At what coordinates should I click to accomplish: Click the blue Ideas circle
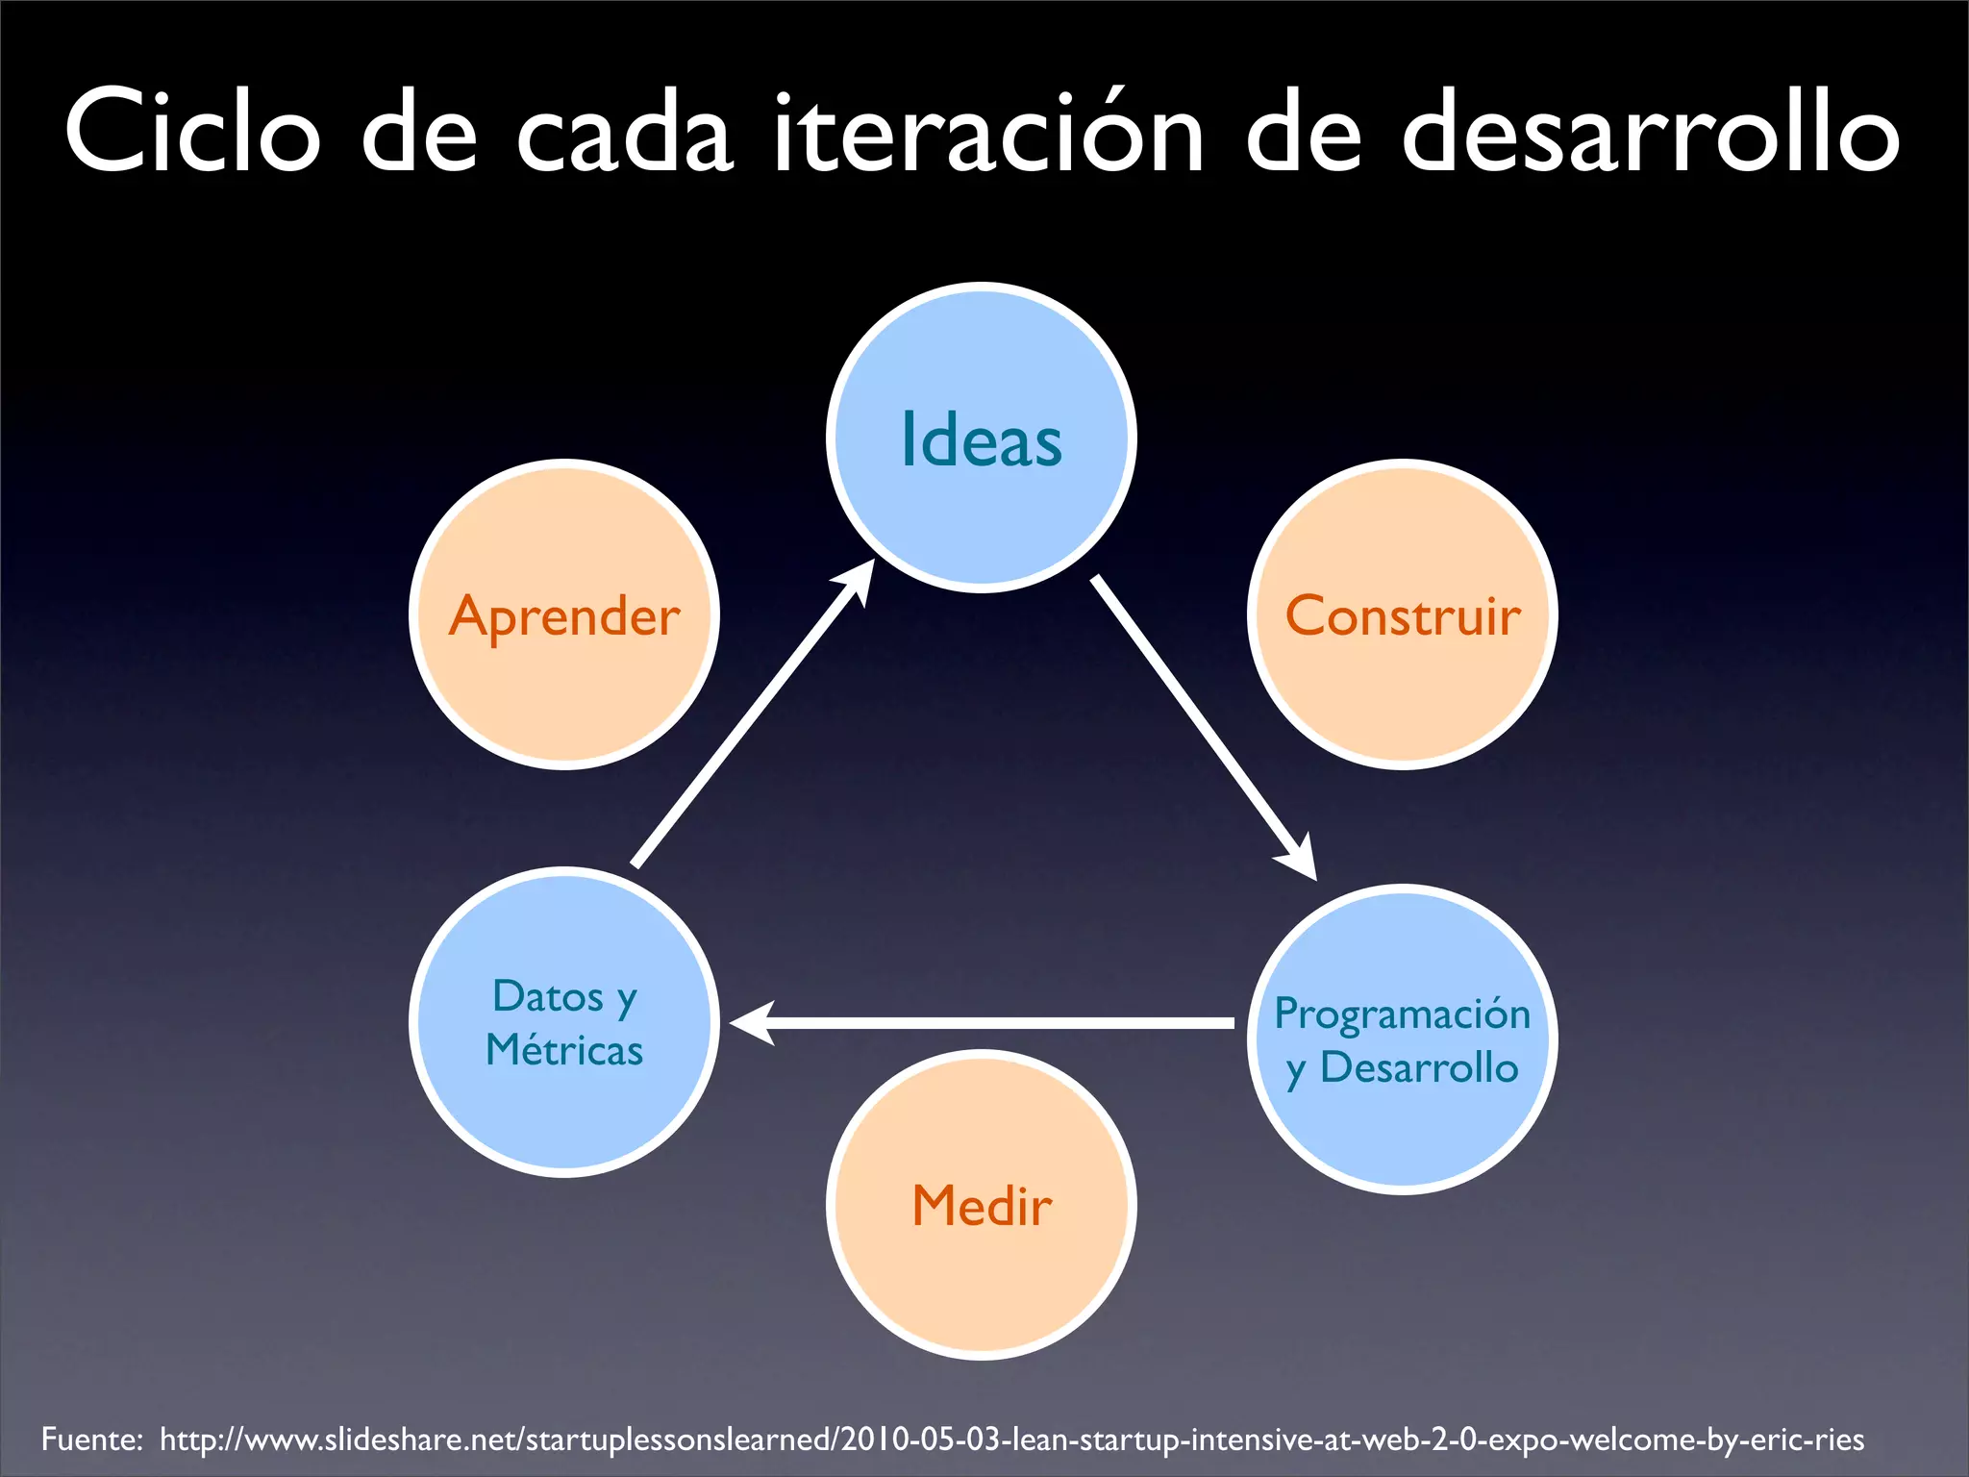click(x=981, y=438)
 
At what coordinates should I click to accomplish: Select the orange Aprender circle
click(x=564, y=615)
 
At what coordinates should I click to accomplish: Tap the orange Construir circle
click(x=1403, y=615)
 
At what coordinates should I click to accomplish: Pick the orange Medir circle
click(x=981, y=1205)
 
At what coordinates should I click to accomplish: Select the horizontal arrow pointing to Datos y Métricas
click(x=981, y=1023)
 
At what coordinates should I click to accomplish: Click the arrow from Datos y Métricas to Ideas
click(x=750, y=716)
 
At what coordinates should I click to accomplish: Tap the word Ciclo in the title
click(x=192, y=133)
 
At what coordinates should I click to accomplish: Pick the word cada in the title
click(x=625, y=133)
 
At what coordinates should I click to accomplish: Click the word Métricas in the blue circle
click(x=564, y=1050)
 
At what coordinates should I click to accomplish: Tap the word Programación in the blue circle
click(x=1402, y=1014)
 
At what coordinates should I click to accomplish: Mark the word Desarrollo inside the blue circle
click(x=1419, y=1067)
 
